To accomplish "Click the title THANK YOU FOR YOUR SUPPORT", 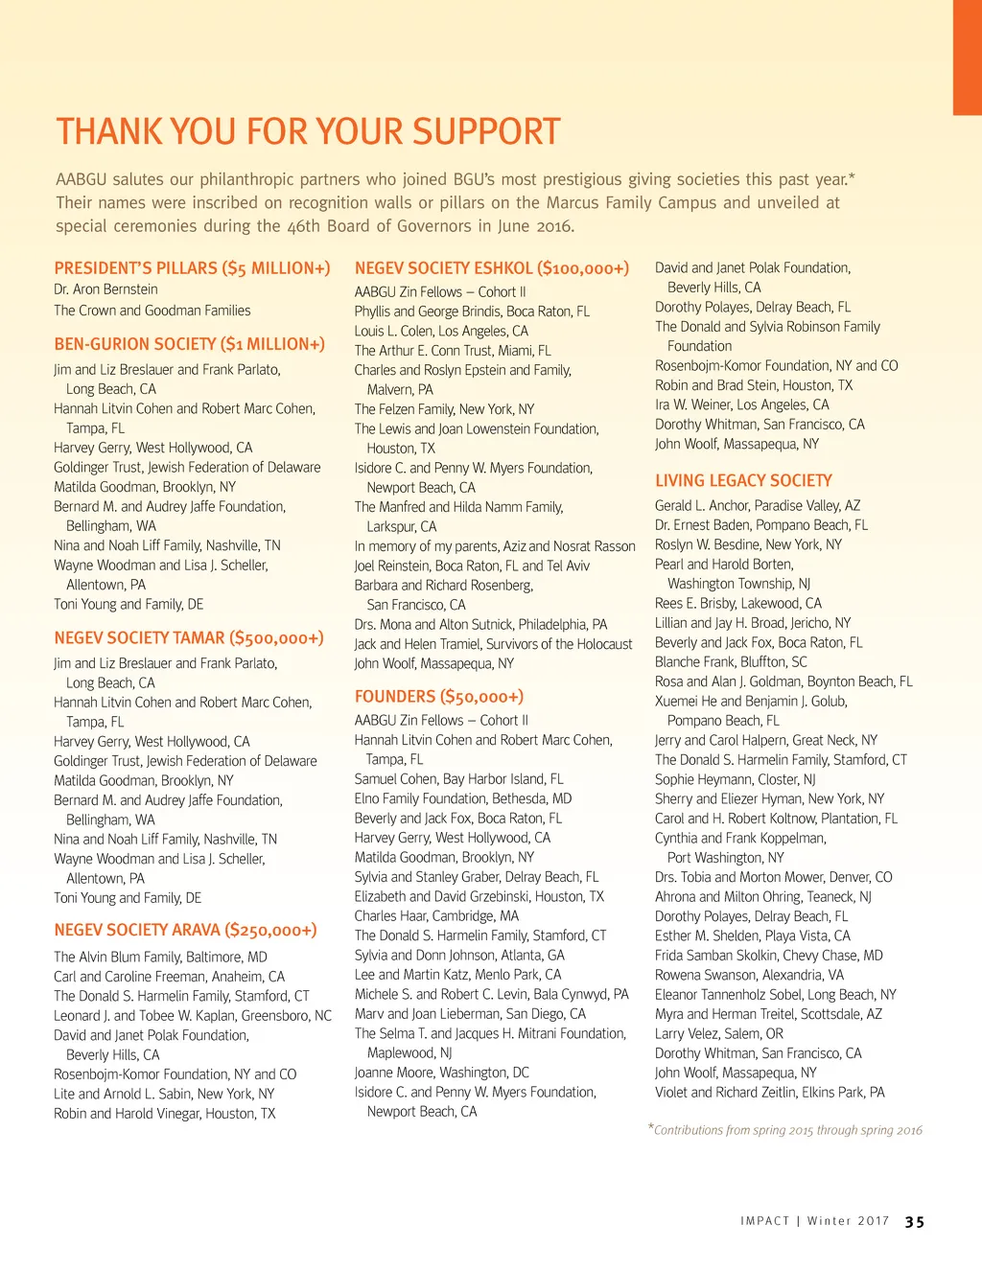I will (x=308, y=131).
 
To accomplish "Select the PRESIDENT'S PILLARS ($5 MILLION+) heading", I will (x=192, y=268).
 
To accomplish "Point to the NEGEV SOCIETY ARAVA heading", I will (x=185, y=930).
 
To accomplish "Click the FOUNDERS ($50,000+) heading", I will (x=438, y=697).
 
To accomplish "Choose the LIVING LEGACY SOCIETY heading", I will (x=743, y=480).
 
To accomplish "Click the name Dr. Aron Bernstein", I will (x=105, y=289).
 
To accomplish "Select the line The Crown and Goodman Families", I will (x=152, y=311).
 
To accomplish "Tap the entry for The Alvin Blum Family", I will (x=160, y=957).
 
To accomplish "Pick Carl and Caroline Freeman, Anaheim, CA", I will (x=169, y=977).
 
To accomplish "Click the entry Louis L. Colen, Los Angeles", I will (x=441, y=331).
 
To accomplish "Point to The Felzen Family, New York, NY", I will (x=444, y=409).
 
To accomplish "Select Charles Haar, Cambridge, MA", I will (x=436, y=915).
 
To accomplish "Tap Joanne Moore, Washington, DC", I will (x=441, y=1073).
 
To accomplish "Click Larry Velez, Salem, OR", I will (x=718, y=1033).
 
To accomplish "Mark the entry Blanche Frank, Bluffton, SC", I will (x=731, y=661).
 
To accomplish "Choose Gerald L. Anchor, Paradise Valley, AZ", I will (x=757, y=505).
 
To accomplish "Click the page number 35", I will (x=915, y=1222).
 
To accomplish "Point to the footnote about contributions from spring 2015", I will (x=786, y=1130).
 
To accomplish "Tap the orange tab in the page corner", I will (x=967, y=58).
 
